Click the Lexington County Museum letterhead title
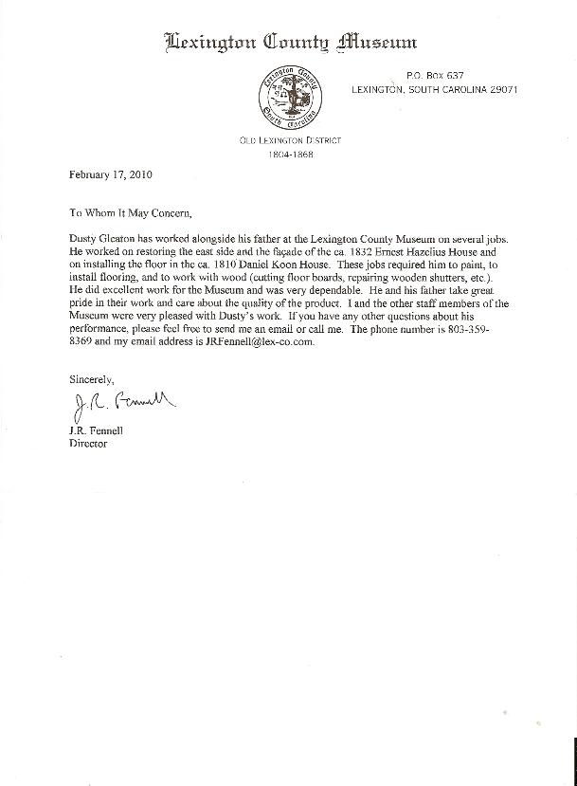(290, 42)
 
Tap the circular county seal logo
(290, 99)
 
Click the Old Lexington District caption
(290, 140)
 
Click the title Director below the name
(89, 443)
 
